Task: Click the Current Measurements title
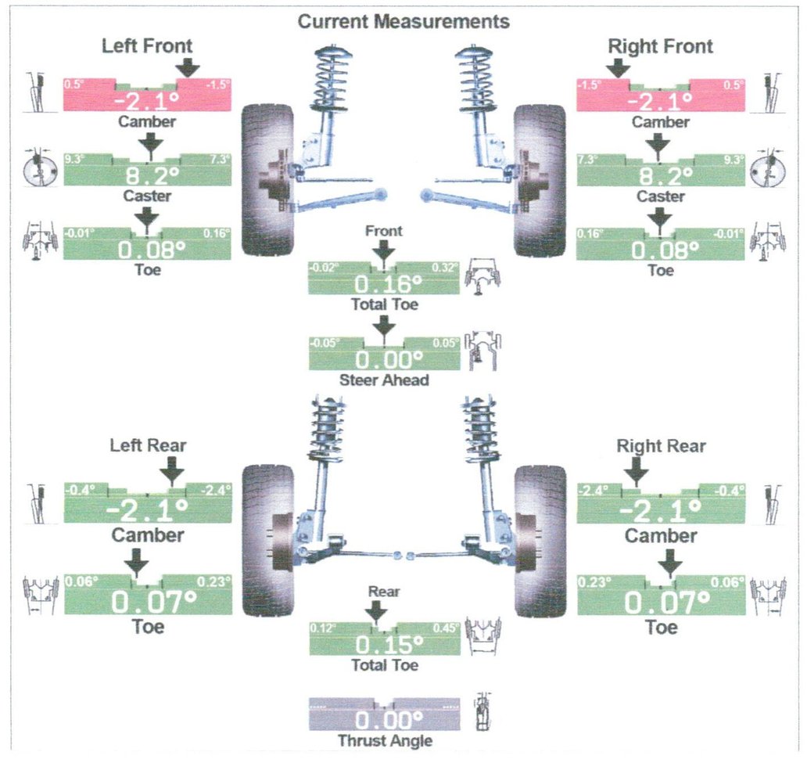pos(403,21)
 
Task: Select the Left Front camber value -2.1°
pos(146,101)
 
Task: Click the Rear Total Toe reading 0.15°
pos(383,644)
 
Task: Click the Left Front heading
pos(147,46)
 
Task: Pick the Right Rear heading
pos(661,446)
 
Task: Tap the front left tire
pos(267,180)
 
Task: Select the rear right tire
pos(540,540)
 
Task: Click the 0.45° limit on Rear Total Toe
pos(443,628)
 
